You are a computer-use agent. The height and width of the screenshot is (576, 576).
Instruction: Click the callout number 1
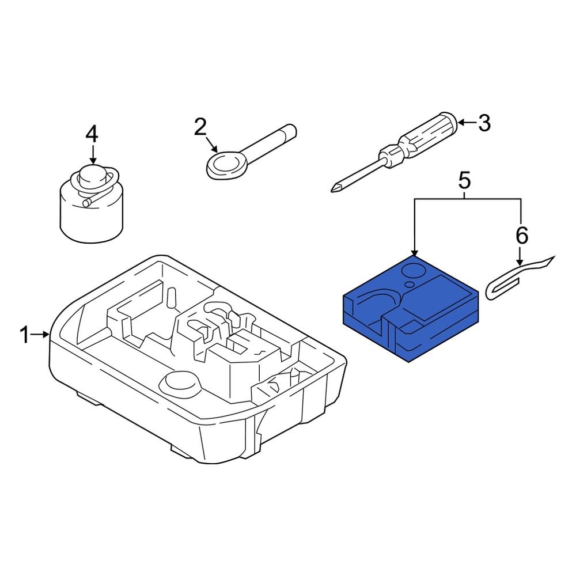[x=24, y=335]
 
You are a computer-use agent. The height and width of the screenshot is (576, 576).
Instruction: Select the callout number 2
[x=199, y=126]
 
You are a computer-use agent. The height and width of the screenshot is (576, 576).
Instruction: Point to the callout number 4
[x=92, y=134]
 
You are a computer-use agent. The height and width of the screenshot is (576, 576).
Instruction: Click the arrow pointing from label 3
[x=466, y=123]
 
